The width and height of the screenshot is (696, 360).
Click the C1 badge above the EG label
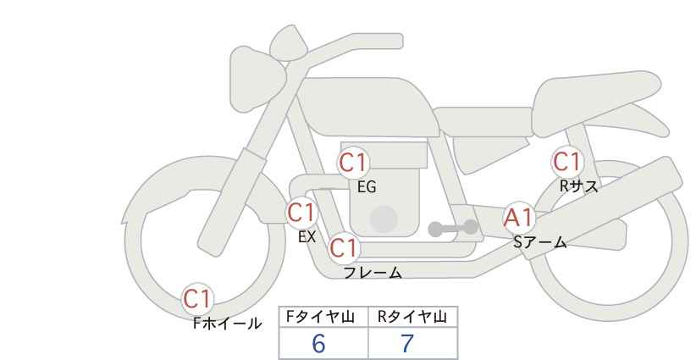(353, 163)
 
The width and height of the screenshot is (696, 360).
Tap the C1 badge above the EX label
(301, 212)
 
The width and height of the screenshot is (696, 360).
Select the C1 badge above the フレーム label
(344, 247)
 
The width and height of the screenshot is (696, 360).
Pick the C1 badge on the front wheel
(197, 299)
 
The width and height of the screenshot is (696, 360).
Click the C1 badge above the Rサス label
(566, 162)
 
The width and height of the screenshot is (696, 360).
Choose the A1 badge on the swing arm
(519, 218)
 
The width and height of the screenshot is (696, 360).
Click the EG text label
(367, 187)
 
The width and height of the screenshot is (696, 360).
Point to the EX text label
(307, 236)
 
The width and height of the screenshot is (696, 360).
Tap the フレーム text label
(373, 272)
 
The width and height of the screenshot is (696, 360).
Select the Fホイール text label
(227, 324)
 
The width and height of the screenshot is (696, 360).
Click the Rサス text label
(579, 186)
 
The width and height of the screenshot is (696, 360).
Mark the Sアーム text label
(539, 241)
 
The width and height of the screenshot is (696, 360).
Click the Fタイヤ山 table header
(320, 317)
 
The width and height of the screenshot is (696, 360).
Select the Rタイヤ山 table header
(412, 317)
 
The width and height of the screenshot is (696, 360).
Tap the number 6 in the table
(318, 343)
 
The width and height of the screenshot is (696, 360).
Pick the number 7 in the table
(407, 343)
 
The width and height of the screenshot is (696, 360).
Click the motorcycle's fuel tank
(368, 107)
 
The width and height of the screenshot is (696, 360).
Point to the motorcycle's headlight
(257, 79)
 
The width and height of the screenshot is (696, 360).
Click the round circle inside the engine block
(384, 219)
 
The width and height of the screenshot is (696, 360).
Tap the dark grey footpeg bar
(453, 228)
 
